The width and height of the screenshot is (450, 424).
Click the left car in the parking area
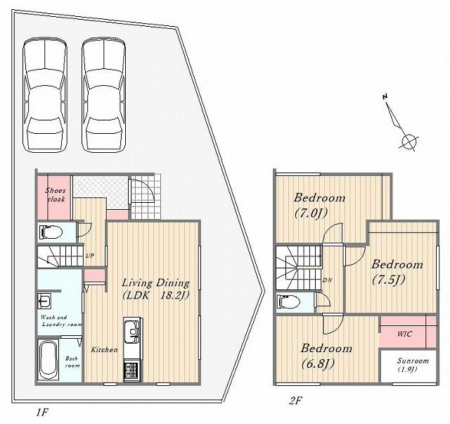pyautogui.click(x=45, y=94)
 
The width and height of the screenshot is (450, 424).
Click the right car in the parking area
pyautogui.click(x=103, y=94)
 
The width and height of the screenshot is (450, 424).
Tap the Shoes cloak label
pyautogui.click(x=56, y=194)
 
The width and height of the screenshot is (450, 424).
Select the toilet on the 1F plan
pyautogui.click(x=51, y=232)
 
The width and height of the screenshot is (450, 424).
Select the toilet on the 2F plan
pyautogui.click(x=289, y=302)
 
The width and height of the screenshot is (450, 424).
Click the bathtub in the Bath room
pyautogui.click(x=48, y=360)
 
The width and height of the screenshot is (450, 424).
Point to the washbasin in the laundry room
pyautogui.click(x=44, y=301)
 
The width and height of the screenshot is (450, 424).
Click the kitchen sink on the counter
pyautogui.click(x=133, y=332)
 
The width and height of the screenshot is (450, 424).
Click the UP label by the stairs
pyautogui.click(x=90, y=255)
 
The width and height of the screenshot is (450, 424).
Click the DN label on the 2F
pyautogui.click(x=327, y=280)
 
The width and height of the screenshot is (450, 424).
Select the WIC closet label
pyautogui.click(x=405, y=334)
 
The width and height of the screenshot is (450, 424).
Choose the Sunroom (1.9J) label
pyautogui.click(x=413, y=364)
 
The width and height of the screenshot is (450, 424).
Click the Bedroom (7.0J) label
pyautogui.click(x=319, y=205)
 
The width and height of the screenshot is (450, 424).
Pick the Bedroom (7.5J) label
pyautogui.click(x=397, y=272)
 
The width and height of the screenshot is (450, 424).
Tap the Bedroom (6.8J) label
pyautogui.click(x=326, y=356)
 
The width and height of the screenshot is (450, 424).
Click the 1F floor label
pyautogui.click(x=41, y=413)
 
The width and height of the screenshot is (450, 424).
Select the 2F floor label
pyautogui.click(x=295, y=401)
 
